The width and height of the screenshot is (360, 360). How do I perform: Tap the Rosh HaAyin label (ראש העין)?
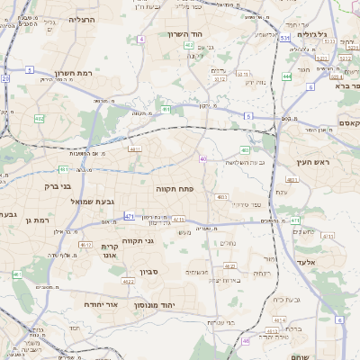click(310, 163)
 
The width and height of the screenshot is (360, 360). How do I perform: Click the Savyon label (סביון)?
click(150, 272)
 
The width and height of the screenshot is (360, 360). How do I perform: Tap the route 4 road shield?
click(141, 40)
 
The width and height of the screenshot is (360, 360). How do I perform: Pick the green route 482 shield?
click(39, 118)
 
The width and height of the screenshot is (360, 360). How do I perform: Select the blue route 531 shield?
click(283, 39)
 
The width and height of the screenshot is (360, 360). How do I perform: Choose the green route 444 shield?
click(287, 77)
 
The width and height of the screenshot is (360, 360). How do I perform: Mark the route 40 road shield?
click(204, 159)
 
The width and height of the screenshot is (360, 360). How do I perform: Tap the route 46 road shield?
click(246, 342)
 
